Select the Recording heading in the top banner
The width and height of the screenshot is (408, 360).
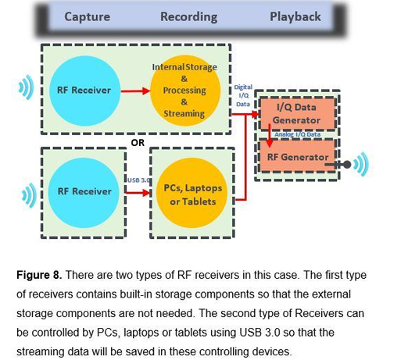[x=188, y=16]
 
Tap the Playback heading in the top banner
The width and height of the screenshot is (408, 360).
[x=295, y=16]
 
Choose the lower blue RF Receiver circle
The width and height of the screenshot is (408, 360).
[x=84, y=191]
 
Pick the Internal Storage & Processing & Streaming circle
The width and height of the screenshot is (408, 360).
[x=184, y=91]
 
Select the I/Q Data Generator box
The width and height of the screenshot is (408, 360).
[x=295, y=114]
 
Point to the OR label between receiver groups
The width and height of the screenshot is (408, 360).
[x=138, y=143]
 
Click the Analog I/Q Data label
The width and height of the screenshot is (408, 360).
[x=297, y=134]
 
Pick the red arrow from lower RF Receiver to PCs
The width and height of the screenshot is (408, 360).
[x=139, y=191]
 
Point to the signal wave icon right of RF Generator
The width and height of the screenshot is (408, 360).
[x=360, y=165]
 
